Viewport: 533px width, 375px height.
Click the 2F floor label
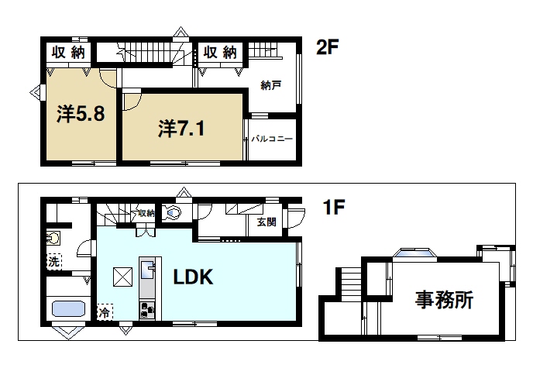pyautogui.click(x=328, y=47)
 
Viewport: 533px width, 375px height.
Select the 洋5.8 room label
pyautogui.click(x=80, y=115)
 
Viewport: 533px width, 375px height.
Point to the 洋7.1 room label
pyautogui.click(x=182, y=127)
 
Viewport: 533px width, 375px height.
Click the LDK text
pyautogui.click(x=192, y=277)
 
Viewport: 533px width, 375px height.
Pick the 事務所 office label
pyautogui.click(x=444, y=300)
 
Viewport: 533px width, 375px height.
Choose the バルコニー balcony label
pyautogui.click(x=271, y=139)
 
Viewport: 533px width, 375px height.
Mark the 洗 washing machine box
pyautogui.click(x=54, y=261)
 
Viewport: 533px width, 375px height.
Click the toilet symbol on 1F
pyautogui.click(x=173, y=212)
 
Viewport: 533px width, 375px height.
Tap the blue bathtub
pyautogui.click(x=67, y=309)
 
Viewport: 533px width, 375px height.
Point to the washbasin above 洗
pyautogui.click(x=53, y=237)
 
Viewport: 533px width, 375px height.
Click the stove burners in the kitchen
pyautogui.click(x=147, y=310)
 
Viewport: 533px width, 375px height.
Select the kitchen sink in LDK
pyautogui.click(x=147, y=270)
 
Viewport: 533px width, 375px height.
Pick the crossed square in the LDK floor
pyautogui.click(x=122, y=276)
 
